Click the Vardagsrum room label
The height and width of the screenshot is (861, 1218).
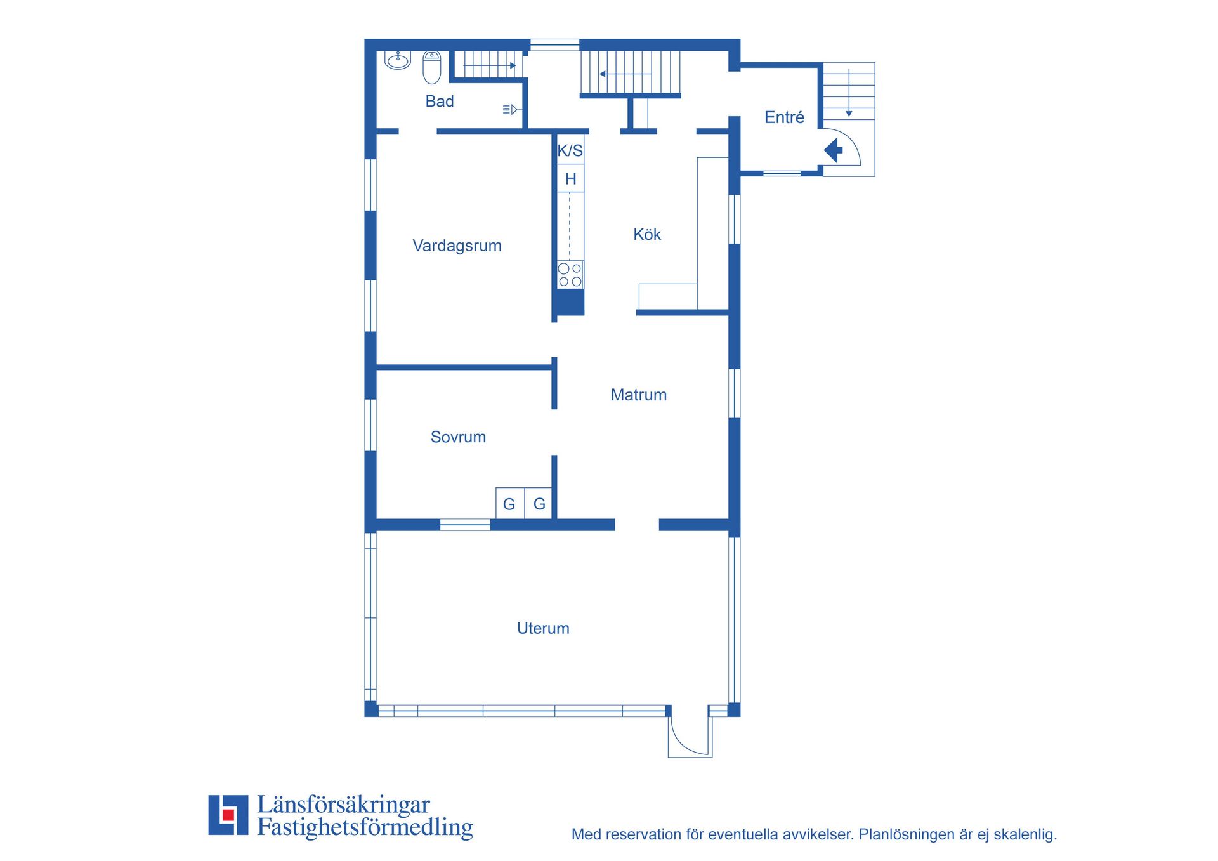point(457,246)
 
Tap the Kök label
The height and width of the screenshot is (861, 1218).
point(647,234)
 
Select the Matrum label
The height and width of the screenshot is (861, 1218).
point(638,395)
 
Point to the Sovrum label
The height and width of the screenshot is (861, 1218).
point(458,437)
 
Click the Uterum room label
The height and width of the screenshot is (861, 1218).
point(543,628)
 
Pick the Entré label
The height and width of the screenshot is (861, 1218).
point(784,117)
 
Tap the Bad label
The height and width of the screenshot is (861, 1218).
point(440,101)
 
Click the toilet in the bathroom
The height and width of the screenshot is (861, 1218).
point(432,67)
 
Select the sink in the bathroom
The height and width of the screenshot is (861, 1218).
point(398,60)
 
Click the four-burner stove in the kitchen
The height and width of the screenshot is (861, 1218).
point(570,275)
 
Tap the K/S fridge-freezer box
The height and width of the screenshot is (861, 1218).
point(570,151)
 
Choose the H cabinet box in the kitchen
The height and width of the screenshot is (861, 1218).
point(570,179)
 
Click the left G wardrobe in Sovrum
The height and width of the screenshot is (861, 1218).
point(510,503)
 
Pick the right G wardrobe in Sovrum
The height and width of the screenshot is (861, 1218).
point(539,503)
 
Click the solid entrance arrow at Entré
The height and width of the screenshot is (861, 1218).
point(833,151)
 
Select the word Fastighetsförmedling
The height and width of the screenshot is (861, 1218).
point(365,827)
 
